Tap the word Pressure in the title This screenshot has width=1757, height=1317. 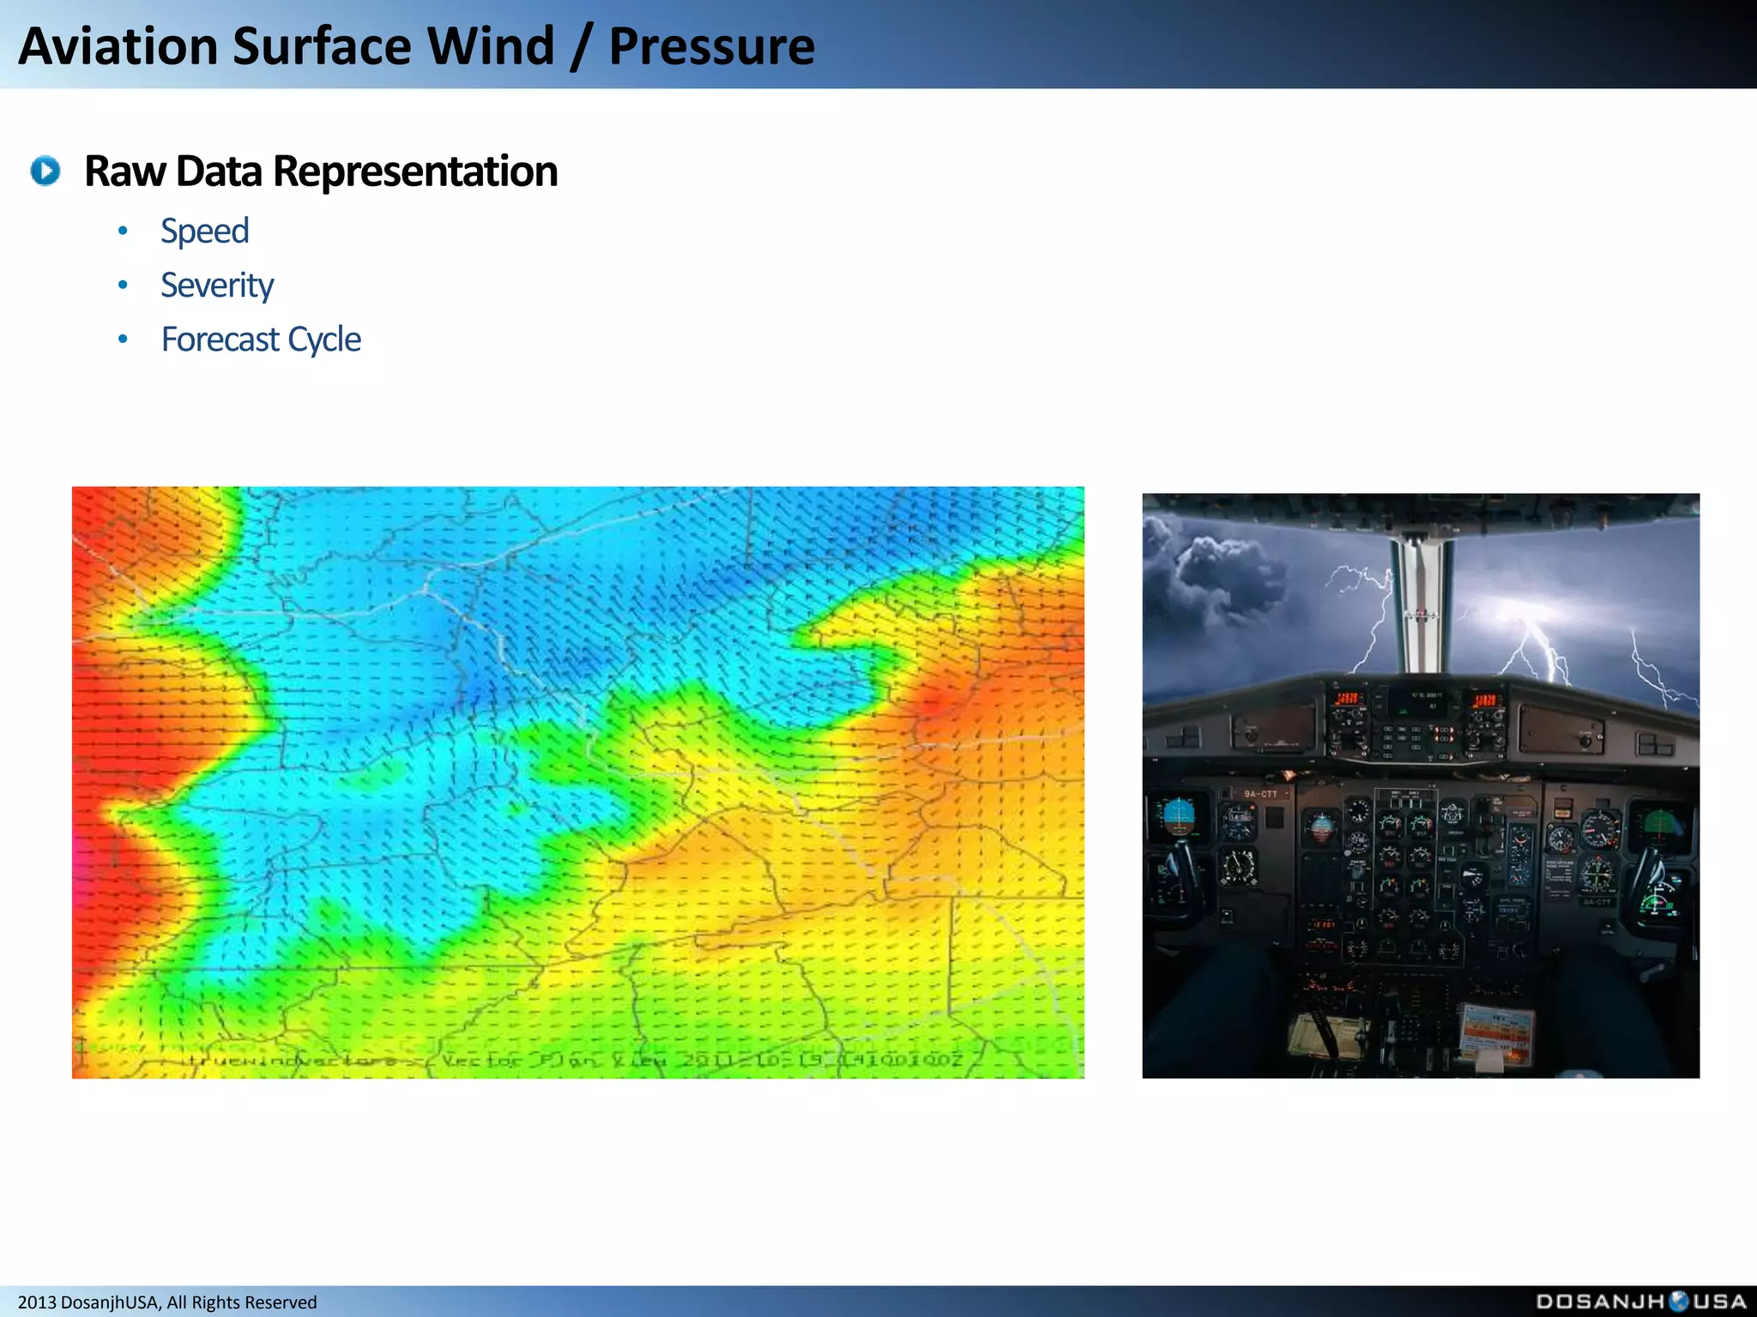711,46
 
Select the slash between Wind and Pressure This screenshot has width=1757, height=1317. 581,46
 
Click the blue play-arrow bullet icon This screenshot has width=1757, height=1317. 45,171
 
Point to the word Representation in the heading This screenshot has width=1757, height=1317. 415,171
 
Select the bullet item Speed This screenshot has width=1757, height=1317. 204,232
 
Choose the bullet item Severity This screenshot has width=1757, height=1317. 217,286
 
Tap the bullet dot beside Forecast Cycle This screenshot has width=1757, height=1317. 123,340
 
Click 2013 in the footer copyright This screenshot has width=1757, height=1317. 37,1302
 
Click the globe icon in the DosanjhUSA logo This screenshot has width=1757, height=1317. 1678,1302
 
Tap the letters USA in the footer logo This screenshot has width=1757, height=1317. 1719,1302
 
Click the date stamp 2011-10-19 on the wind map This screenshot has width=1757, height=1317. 755,1061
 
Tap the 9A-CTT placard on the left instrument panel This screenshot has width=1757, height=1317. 1260,794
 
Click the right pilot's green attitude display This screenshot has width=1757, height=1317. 1660,825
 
